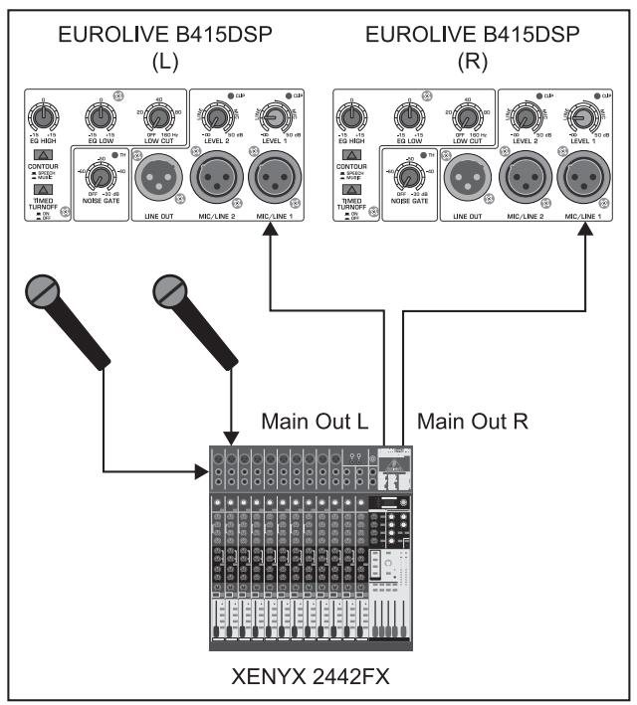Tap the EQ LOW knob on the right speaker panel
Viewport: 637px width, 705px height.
[409, 115]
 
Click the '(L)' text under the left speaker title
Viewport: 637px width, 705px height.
[162, 62]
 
